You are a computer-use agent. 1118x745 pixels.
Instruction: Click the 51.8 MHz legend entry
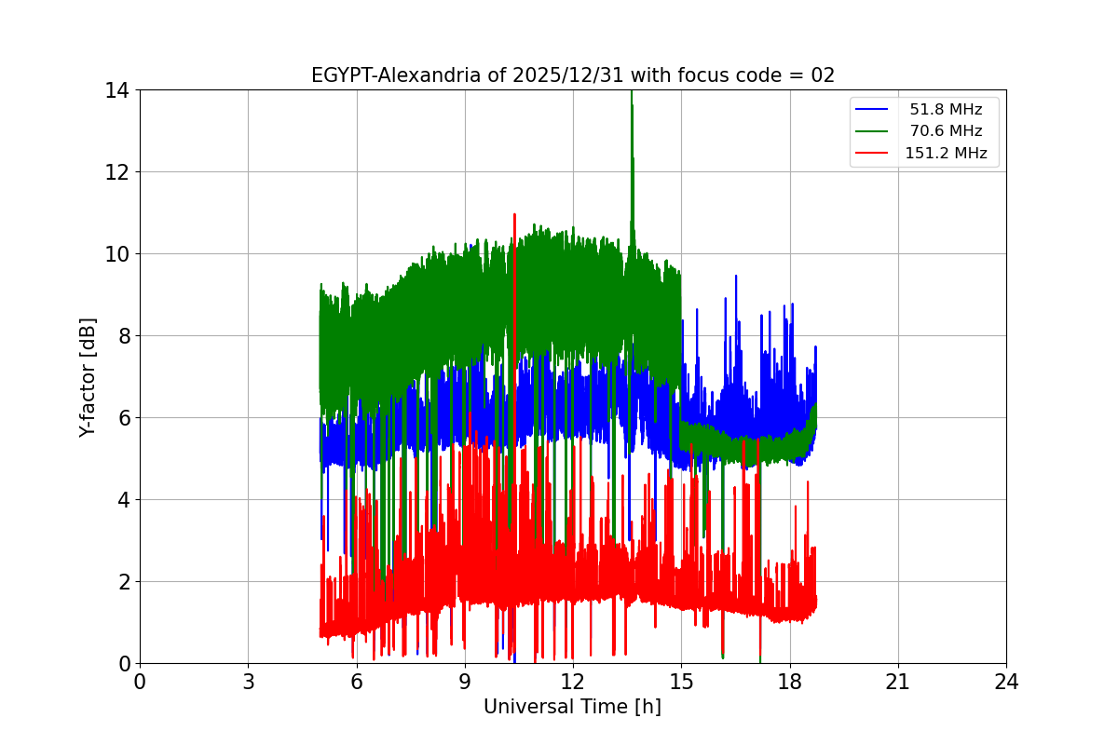945,109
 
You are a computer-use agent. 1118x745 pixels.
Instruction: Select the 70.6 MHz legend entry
945,131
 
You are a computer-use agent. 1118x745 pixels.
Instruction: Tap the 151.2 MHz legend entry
945,154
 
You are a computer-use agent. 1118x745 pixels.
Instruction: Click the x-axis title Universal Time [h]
572,707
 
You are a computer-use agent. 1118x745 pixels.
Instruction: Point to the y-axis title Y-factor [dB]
89,376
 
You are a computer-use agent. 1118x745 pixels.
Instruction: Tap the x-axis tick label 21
898,682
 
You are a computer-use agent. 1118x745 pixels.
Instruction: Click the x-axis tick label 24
1006,682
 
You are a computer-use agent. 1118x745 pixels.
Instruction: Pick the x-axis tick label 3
248,682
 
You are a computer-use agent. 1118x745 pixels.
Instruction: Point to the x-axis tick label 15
681,682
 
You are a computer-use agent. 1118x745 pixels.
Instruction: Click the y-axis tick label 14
116,90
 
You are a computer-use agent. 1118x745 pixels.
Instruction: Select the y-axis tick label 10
116,254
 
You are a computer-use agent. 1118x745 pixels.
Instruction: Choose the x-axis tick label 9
465,682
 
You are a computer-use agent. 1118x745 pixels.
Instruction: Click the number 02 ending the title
823,75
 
